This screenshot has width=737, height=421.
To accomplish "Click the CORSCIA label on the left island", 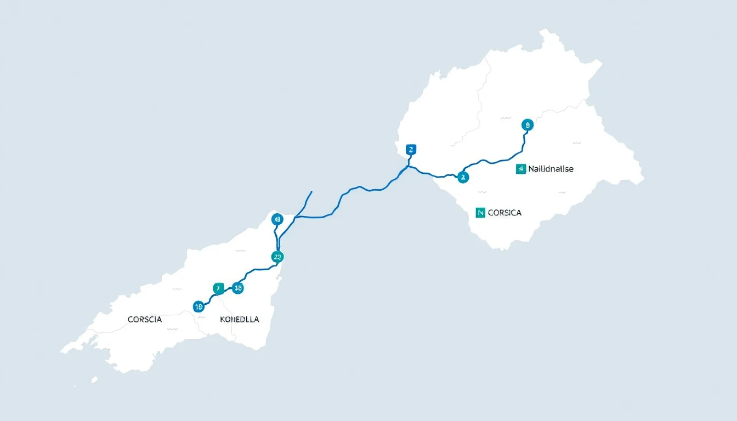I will [x=145, y=319].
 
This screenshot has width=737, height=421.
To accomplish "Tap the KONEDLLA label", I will [x=239, y=319].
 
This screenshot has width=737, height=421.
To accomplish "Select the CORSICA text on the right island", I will [x=504, y=213].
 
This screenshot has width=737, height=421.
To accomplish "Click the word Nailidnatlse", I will [x=551, y=169].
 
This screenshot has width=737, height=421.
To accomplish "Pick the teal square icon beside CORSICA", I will [x=480, y=213].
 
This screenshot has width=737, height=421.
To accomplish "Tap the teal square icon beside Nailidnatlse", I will [x=520, y=169].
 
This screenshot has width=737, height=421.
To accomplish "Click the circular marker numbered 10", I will [x=199, y=306].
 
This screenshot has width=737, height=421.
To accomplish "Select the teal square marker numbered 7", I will [x=218, y=288].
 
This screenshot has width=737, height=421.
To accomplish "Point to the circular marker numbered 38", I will [x=237, y=288].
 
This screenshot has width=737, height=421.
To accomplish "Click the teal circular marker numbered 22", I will [x=277, y=256].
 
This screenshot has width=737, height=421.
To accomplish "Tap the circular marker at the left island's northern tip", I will [x=277, y=220].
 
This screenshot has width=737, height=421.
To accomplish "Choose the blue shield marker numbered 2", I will [x=411, y=149].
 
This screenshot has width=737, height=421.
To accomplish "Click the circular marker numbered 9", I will [x=527, y=125].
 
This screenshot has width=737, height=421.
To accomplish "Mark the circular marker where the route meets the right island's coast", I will [x=463, y=177].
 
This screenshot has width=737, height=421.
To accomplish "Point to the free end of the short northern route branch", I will [x=311, y=192].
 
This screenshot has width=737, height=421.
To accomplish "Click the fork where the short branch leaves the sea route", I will [x=296, y=218].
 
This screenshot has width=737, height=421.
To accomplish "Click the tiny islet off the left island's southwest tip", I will [x=94, y=379].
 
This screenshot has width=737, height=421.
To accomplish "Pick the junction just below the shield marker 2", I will [x=408, y=165].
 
